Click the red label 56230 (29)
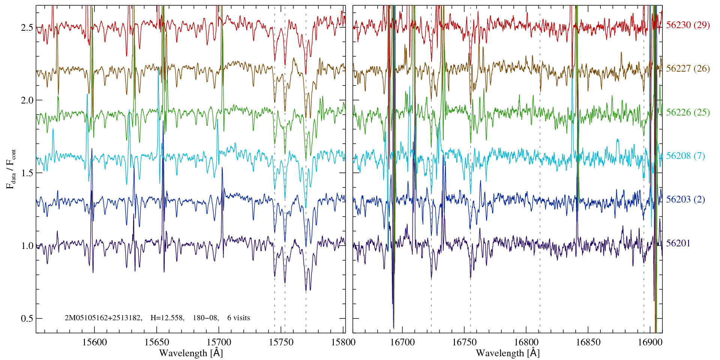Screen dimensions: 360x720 click(x=688, y=25)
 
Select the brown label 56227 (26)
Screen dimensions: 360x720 click(x=688, y=69)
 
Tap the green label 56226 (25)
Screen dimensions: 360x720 click(x=688, y=112)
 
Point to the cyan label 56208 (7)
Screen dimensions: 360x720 click(x=685, y=156)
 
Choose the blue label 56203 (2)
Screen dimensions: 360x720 click(x=685, y=199)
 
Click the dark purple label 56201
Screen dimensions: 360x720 click(x=678, y=243)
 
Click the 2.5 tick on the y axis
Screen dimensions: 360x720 click(x=27, y=28)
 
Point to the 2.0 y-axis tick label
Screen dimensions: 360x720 click(x=27, y=100)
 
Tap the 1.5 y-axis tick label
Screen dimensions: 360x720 click(x=27, y=173)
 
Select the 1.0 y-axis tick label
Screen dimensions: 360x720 click(x=27, y=246)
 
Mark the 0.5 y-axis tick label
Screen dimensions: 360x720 click(x=27, y=319)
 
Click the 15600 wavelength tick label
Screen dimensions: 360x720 click(x=94, y=342)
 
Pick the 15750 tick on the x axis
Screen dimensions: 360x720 click(x=281, y=342)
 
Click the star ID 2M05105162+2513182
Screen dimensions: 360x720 click(x=103, y=318)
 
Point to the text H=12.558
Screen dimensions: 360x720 click(x=167, y=318)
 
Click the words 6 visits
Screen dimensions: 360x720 click(x=238, y=318)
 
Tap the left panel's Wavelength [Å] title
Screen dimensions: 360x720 click(x=190, y=353)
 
